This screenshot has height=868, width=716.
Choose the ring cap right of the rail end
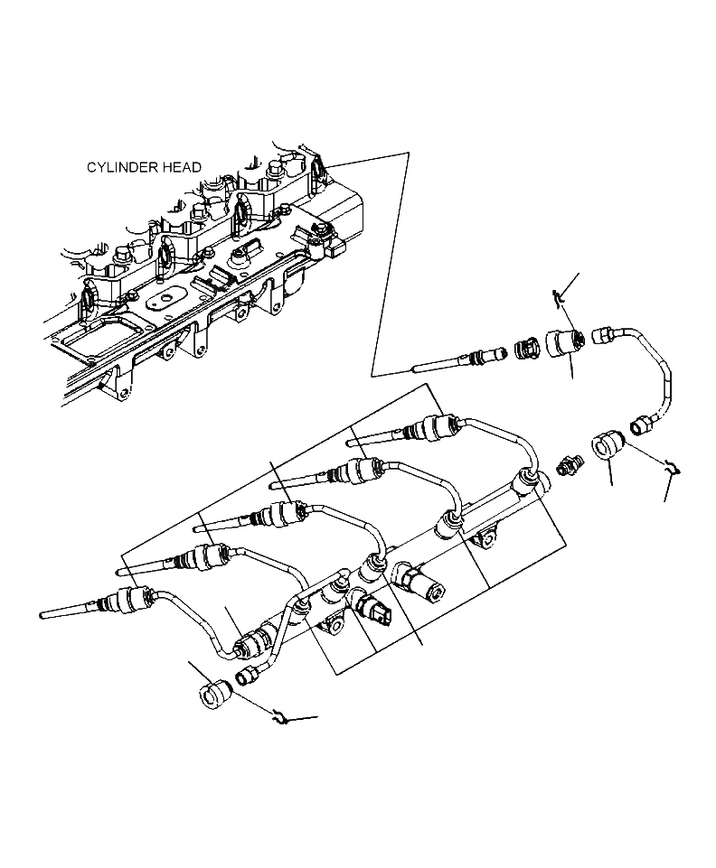pos(605,446)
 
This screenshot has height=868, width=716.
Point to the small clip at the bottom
pos(283,718)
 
